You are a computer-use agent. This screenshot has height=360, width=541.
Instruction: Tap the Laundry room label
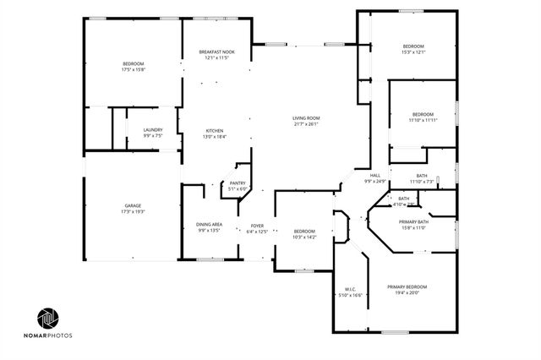153,130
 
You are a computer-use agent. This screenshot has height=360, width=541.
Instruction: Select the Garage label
134,205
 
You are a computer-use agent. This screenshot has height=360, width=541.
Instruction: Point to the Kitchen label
215,130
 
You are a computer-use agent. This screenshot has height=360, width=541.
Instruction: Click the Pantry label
237,183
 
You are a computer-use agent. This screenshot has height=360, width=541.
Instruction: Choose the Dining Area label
210,224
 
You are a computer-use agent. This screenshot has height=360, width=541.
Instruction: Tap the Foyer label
257,226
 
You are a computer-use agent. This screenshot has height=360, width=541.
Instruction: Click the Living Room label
305,118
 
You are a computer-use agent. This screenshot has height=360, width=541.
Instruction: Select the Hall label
374,175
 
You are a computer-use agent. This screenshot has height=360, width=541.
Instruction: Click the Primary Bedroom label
407,287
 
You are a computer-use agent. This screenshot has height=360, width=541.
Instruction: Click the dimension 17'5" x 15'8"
134,70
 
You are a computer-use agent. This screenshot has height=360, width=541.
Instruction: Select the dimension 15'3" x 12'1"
413,52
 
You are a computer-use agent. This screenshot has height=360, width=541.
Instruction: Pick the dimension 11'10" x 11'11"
423,120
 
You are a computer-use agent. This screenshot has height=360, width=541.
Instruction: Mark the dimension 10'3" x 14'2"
304,237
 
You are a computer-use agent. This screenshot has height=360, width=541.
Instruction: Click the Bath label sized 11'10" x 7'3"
421,176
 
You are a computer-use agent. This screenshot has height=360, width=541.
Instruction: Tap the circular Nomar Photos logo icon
49,319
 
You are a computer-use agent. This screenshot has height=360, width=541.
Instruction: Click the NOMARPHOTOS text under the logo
54,335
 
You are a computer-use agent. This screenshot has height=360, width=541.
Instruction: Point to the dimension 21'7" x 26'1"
305,124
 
